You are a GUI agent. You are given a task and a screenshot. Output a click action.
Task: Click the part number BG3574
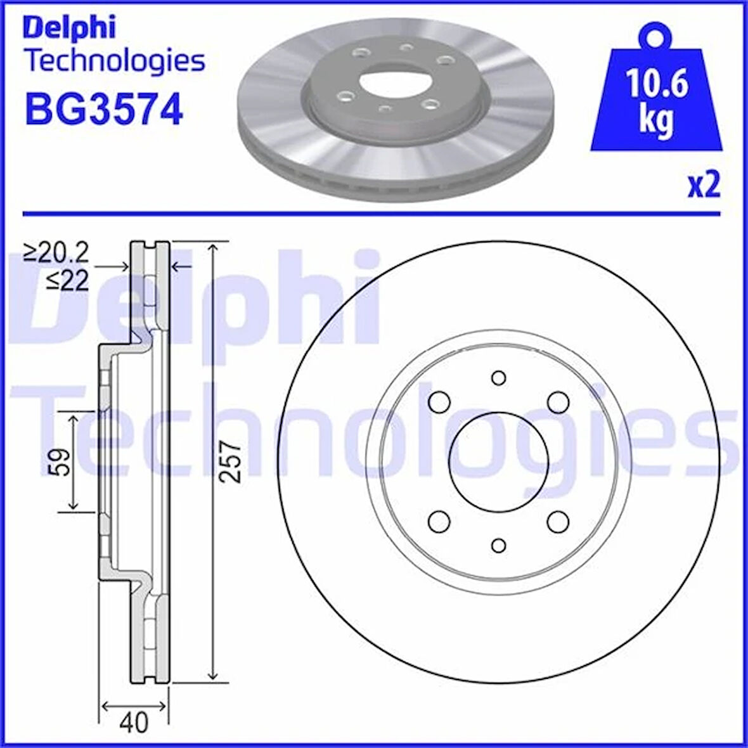click(103, 108)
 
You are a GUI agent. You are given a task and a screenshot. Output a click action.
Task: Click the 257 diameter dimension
click(233, 462)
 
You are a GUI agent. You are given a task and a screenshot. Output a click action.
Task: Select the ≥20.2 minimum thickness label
click(56, 254)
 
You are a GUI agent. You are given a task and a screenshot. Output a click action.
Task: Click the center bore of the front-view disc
click(498, 461)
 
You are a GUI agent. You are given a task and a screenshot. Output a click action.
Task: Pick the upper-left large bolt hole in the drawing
click(439, 402)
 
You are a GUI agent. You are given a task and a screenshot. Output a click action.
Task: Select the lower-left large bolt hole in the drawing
click(439, 522)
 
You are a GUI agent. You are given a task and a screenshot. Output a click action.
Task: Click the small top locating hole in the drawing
click(499, 378)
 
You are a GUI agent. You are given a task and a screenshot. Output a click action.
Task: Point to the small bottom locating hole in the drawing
click(499, 545)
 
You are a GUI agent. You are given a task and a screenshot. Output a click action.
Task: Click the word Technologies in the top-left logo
click(114, 61)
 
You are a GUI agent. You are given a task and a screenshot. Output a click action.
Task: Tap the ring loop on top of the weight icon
click(655, 32)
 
